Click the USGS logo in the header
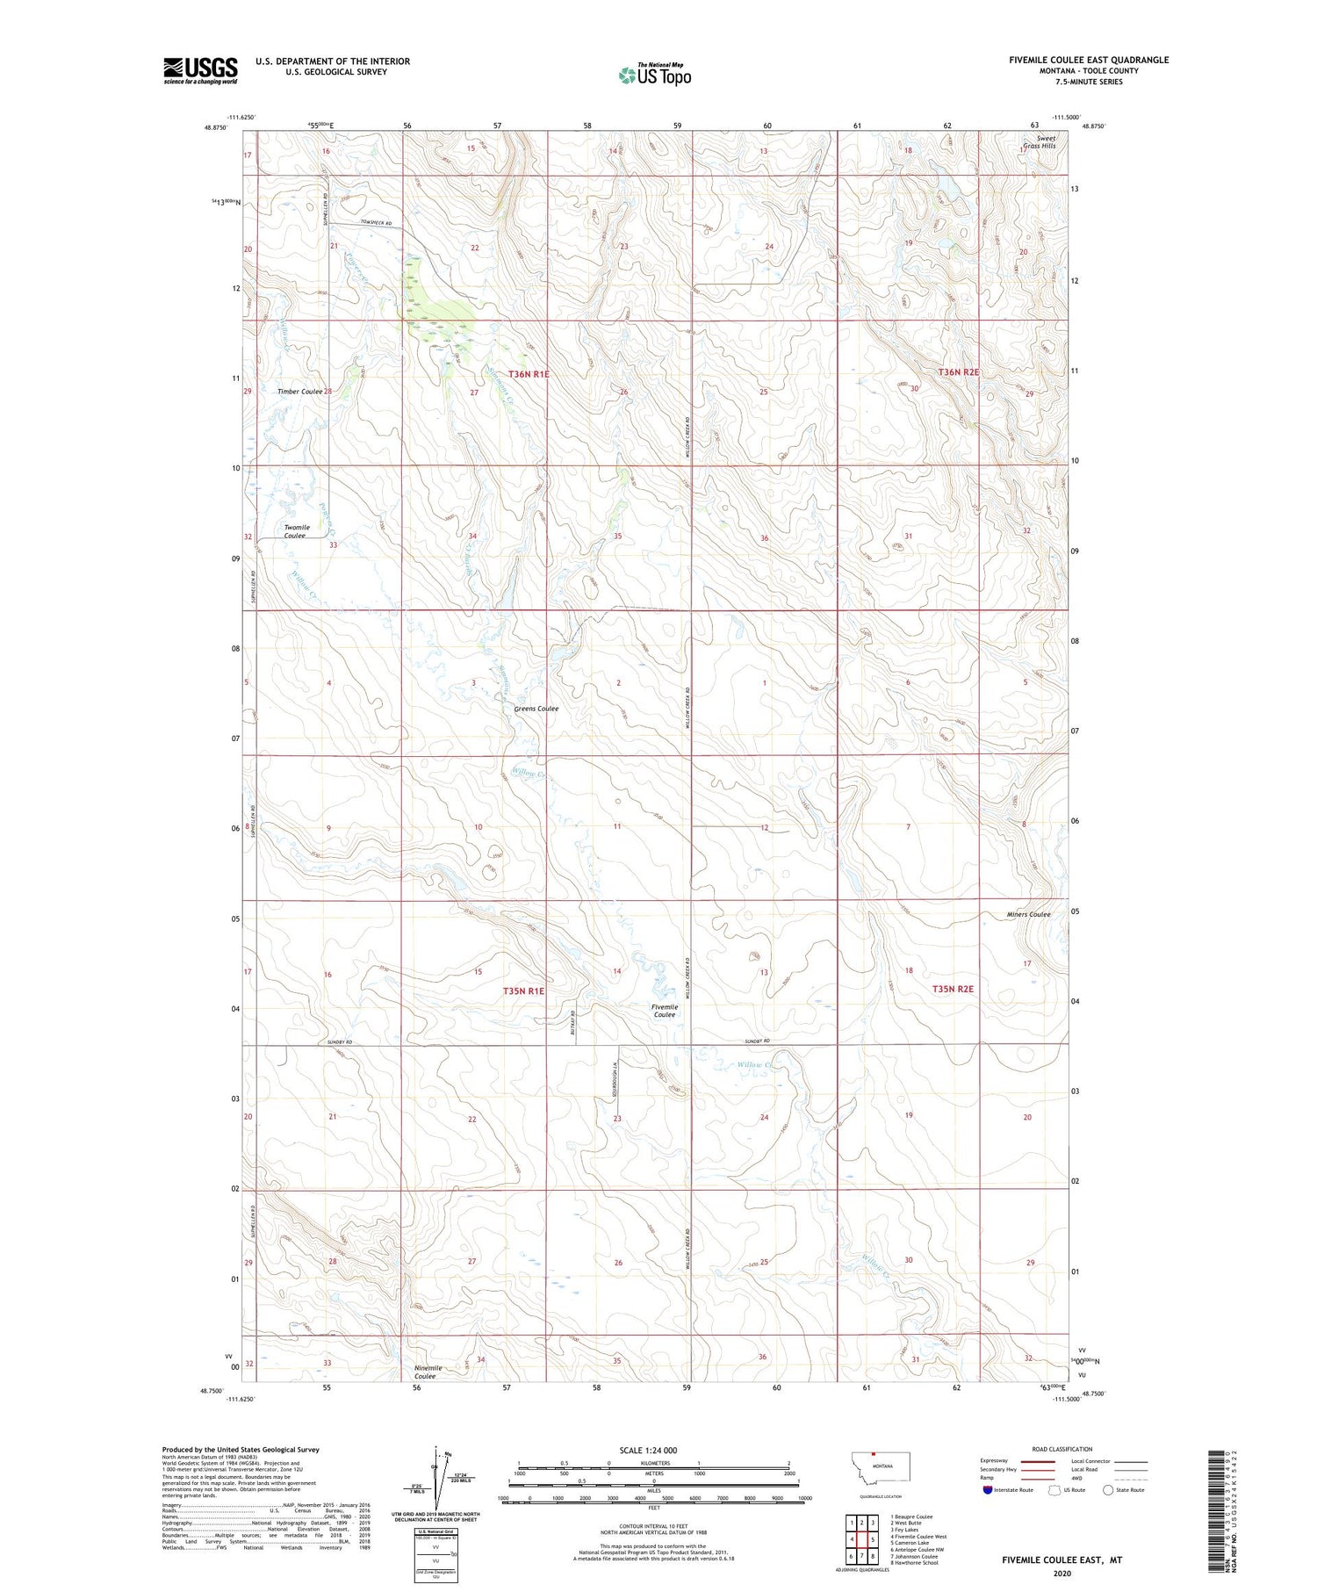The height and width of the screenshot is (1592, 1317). tap(200, 70)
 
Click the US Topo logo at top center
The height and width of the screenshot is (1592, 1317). tap(654, 75)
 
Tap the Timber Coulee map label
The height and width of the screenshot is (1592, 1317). tap(299, 392)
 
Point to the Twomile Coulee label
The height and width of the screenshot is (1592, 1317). tap(296, 532)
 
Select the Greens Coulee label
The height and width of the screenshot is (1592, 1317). tap(536, 709)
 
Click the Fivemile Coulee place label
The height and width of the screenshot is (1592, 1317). tap(664, 1011)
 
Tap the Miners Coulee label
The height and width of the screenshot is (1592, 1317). tap(1028, 914)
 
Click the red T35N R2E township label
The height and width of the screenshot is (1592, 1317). tap(953, 989)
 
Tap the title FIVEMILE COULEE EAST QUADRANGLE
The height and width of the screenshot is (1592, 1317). tap(1088, 60)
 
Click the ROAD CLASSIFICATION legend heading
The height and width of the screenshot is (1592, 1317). tap(1062, 1449)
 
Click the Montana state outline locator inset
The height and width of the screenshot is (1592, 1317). tap(881, 1466)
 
